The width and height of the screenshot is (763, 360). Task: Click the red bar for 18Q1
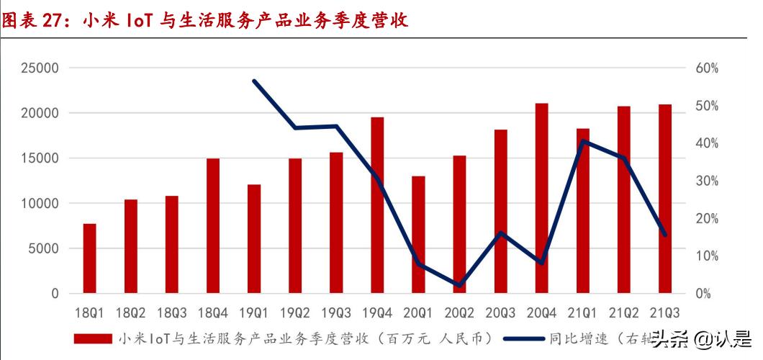(89, 258)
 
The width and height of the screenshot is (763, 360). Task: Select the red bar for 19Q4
(377, 205)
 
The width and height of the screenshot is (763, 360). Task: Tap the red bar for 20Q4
(541, 199)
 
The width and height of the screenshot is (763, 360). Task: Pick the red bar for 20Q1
(418, 235)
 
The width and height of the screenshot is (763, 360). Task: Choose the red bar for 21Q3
(664, 199)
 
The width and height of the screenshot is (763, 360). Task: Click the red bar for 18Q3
(171, 245)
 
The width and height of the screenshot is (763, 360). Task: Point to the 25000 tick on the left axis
(38, 68)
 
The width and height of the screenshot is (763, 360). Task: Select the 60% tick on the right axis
(706, 68)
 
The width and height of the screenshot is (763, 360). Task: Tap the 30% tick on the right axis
(706, 181)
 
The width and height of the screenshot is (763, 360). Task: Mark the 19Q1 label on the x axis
(253, 314)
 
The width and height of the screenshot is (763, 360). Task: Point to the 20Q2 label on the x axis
(459, 314)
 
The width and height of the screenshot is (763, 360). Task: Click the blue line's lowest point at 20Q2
(459, 286)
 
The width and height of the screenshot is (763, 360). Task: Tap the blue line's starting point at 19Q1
(254, 81)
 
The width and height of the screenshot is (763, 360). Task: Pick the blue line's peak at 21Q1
(583, 140)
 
